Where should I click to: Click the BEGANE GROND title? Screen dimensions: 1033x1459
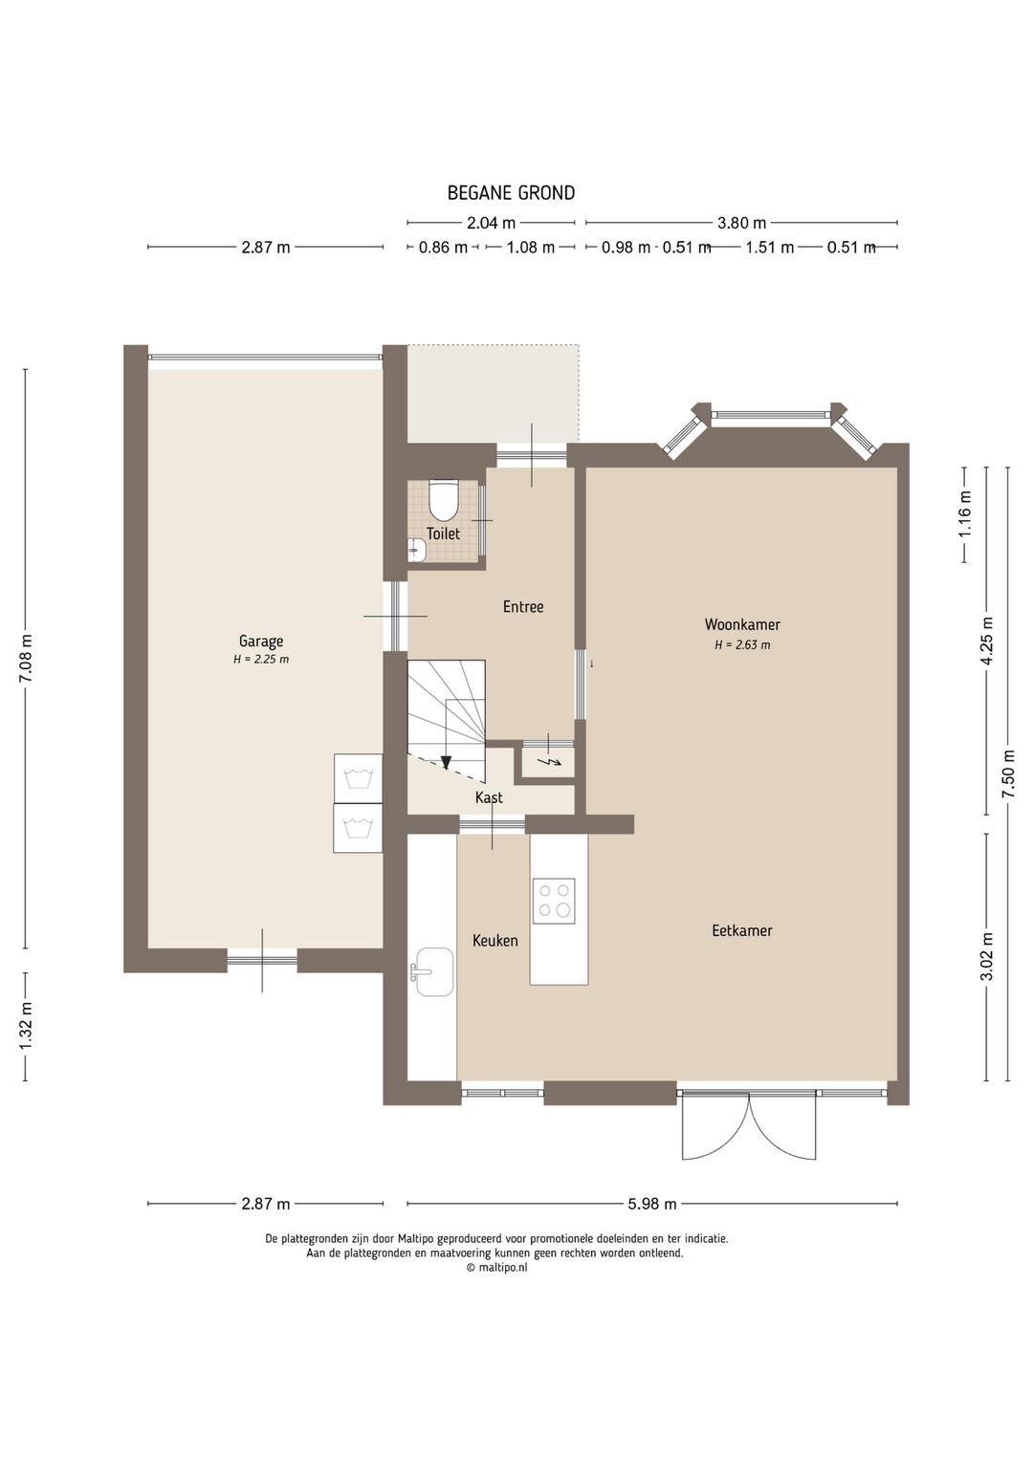(511, 193)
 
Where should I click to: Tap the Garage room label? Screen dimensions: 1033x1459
(261, 642)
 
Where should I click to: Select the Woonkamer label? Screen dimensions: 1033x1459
(742, 624)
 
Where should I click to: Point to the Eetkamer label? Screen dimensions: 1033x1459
(741, 931)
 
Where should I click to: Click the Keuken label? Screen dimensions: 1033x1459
(495, 941)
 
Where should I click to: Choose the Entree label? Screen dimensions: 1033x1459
(522, 607)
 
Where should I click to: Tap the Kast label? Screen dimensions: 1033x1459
(489, 798)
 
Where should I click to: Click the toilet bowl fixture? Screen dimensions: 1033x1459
(445, 498)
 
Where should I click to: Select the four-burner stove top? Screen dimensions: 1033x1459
(554, 901)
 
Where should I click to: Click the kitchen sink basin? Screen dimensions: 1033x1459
(434, 971)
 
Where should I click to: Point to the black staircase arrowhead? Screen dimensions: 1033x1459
(447, 762)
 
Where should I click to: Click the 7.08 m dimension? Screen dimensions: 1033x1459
(26, 658)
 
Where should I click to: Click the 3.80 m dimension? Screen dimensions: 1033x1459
(741, 224)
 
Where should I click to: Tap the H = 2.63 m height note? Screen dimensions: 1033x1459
(742, 644)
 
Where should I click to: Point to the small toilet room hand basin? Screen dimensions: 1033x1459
(415, 551)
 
